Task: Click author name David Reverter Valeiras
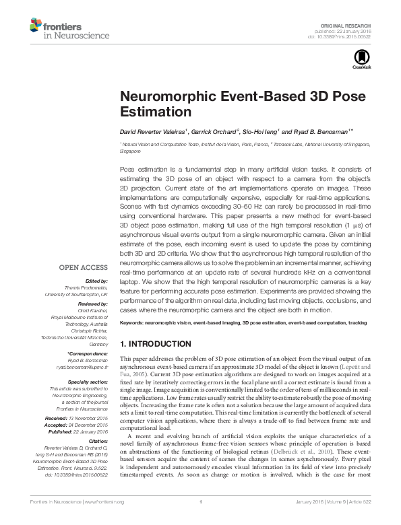pos(151,131)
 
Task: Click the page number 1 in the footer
pos(201,520)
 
